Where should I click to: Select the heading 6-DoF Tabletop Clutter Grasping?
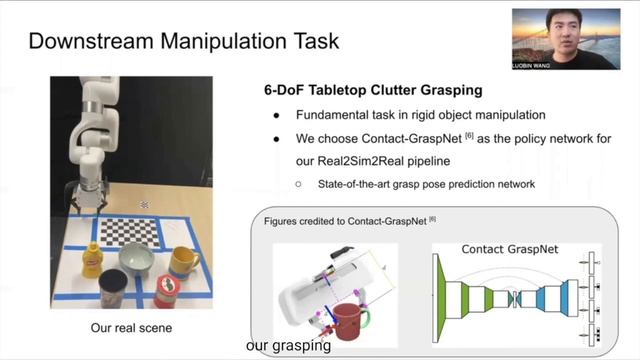[x=366, y=90]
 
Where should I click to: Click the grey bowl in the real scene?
[x=137, y=261]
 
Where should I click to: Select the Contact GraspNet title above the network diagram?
[x=510, y=248]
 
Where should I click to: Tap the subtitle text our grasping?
[x=288, y=347]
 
